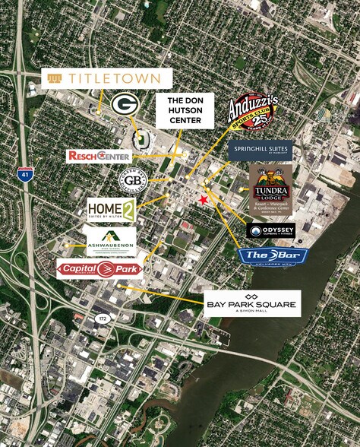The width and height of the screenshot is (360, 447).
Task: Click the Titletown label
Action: coord(106,78)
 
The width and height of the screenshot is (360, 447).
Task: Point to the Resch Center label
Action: coord(99,155)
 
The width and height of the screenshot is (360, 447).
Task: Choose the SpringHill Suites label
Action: coord(260,151)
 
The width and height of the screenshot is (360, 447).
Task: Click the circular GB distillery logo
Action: coord(132,180)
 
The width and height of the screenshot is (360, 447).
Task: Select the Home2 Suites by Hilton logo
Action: coord(111,210)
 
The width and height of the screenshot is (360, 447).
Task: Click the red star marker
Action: coord(203,200)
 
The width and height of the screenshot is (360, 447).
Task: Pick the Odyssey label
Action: coord(270,230)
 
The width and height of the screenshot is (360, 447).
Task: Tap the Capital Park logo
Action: coord(99,268)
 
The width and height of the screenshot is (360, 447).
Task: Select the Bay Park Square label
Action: coord(251,303)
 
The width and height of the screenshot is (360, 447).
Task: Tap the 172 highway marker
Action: coord(101,319)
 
